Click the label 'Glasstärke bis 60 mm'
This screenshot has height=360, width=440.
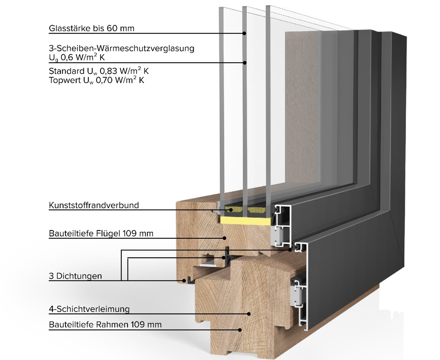coord(91,28)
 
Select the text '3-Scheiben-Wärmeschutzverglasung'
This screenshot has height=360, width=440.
coord(121,48)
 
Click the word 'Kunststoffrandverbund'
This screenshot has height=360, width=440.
coord(94,205)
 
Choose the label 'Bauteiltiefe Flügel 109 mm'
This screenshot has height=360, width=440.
coord(101,233)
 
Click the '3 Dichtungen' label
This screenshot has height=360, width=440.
coord(75,276)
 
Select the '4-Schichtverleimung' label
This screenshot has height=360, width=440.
coord(89,309)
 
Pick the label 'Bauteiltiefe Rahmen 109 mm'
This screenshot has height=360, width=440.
coord(105,324)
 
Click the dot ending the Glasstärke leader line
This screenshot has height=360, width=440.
coord(245,33)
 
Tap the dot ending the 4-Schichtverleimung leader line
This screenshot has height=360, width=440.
coord(249,314)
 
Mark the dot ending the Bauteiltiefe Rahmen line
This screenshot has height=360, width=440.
coord(240,330)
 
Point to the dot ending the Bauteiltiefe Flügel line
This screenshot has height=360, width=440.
coord(225,238)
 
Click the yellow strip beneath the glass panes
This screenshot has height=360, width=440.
coord(246,221)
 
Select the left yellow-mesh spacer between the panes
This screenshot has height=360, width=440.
coord(233,209)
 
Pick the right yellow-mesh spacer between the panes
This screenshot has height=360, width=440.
coord(256,209)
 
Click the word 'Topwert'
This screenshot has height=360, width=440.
coord(64,80)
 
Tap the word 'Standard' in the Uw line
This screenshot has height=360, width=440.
coord(65,71)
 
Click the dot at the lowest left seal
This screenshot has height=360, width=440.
coord(184,280)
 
